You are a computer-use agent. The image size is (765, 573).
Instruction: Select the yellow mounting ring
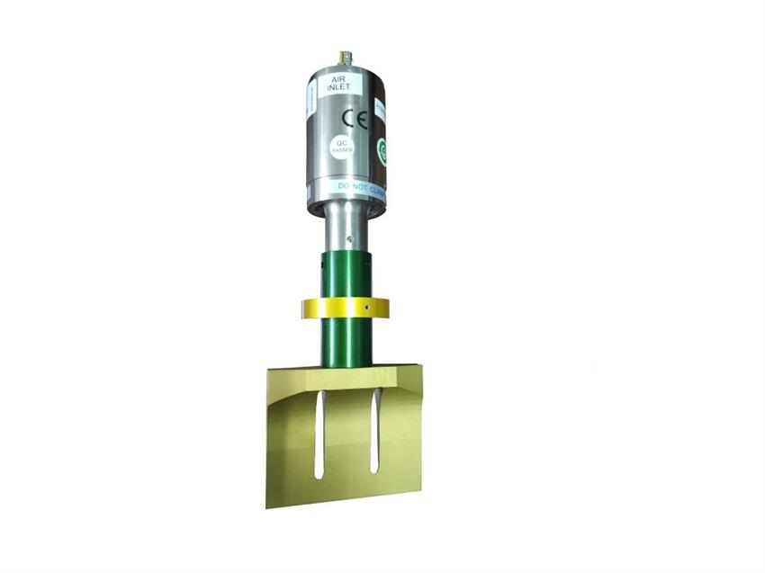tap(345, 309)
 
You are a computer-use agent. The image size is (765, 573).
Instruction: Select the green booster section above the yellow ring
tap(346, 274)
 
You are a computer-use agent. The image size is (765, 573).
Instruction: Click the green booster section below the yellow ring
tap(346, 342)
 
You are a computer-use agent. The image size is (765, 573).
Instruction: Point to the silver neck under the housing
tap(346, 229)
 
